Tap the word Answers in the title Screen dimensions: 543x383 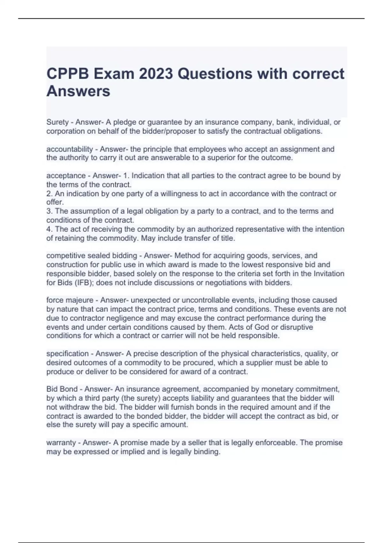(x=79, y=91)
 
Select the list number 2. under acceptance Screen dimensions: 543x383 (x=49, y=194)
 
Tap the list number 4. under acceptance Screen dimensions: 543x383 (x=49, y=229)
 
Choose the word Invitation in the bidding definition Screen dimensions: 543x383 (x=329, y=274)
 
